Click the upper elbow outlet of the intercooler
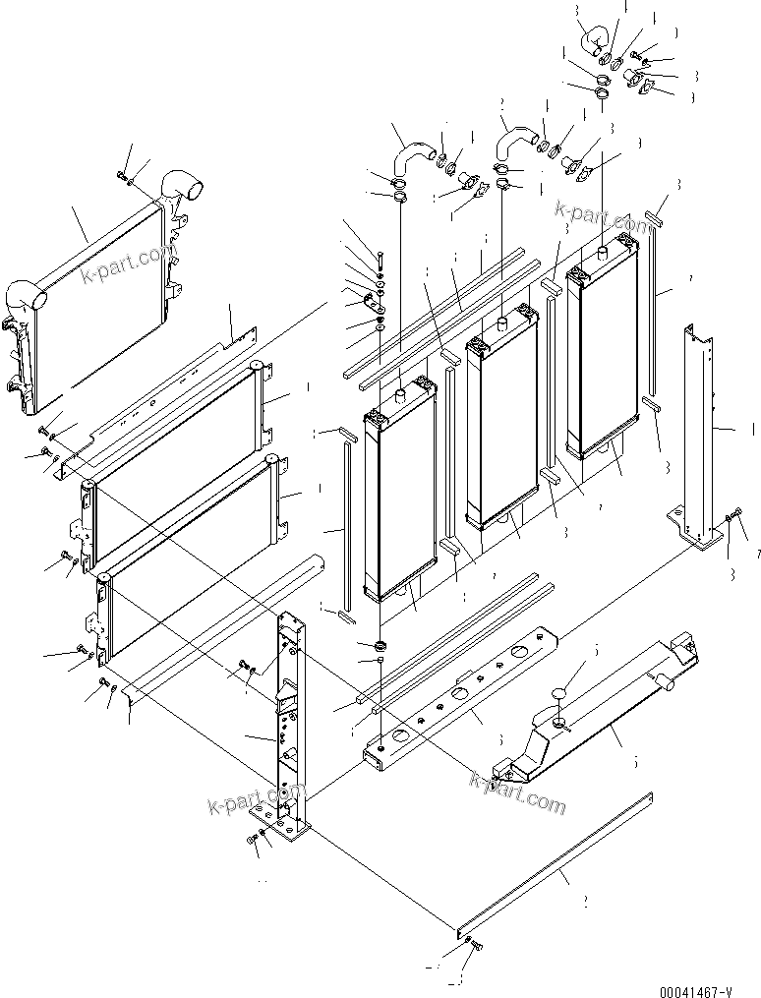181,185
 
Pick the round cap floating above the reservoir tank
559,694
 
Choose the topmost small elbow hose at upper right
593,41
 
